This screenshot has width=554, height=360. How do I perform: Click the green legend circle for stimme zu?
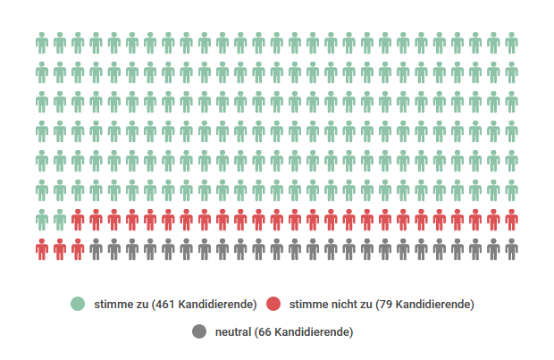[79, 304]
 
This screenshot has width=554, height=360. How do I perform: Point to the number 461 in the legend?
[163, 304]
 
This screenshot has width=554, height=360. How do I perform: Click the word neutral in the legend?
[233, 332]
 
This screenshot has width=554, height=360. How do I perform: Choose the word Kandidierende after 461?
[215, 304]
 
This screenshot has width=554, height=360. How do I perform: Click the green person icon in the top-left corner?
[42, 44]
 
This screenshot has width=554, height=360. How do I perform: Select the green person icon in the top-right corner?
[511, 44]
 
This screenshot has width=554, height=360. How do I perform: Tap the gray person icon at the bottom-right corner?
[511, 249]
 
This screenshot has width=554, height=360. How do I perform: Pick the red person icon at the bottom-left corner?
[42, 249]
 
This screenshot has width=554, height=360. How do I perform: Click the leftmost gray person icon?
[97, 249]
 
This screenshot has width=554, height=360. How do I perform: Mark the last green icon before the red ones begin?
[60, 220]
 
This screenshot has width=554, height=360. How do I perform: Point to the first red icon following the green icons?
[79, 220]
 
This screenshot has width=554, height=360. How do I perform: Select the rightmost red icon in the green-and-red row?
[511, 220]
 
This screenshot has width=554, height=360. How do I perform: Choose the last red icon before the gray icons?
[79, 249]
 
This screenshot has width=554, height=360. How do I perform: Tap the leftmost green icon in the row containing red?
[42, 220]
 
